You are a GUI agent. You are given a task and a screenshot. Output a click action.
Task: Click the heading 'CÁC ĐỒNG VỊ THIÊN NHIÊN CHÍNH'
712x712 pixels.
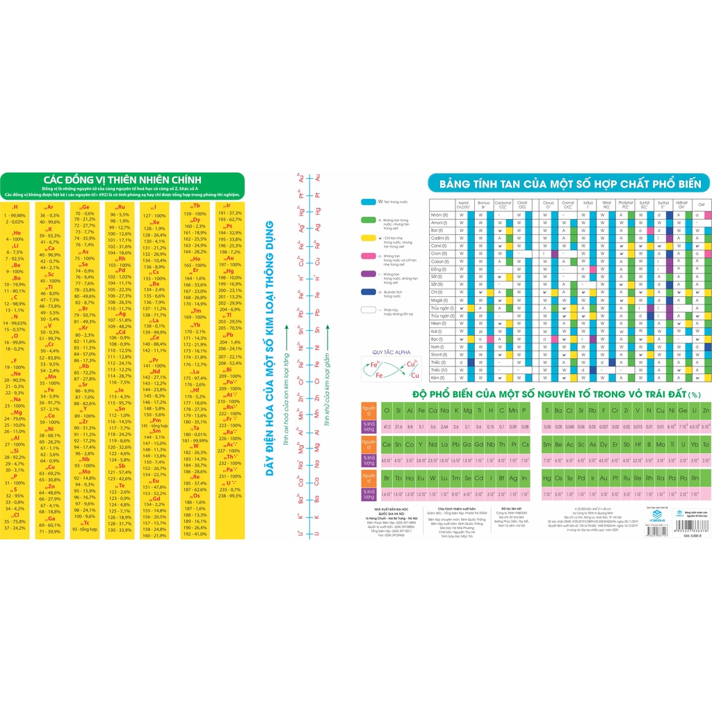[x=122, y=178]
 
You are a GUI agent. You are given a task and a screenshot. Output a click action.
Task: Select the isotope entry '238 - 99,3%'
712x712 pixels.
[x=229, y=496]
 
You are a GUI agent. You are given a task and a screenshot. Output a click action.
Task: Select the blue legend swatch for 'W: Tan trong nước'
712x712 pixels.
[x=369, y=202]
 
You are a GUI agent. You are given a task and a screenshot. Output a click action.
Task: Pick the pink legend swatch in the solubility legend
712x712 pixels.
[x=369, y=257]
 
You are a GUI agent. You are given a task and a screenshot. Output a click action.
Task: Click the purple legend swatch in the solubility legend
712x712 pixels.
[x=369, y=275]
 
